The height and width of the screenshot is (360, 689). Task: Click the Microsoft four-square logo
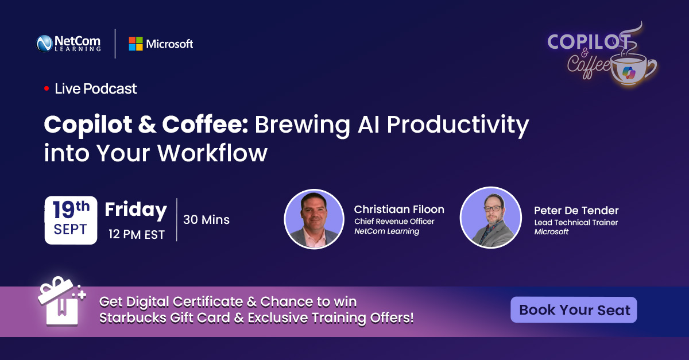click(136, 44)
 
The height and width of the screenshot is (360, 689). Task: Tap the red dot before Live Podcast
click(47, 89)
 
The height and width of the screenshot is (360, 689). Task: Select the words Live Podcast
click(96, 89)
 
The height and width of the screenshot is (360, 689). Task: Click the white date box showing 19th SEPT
click(71, 220)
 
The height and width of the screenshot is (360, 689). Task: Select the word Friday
click(136, 210)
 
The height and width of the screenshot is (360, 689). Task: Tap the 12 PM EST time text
click(137, 234)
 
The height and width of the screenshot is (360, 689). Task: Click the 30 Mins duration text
click(206, 219)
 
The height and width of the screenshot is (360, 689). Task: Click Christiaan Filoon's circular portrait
click(313, 219)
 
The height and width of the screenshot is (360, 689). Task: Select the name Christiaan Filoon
click(399, 209)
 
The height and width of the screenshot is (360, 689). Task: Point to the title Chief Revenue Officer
click(394, 221)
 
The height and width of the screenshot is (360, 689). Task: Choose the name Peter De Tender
click(576, 210)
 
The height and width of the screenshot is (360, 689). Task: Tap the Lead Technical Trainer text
click(576, 222)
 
